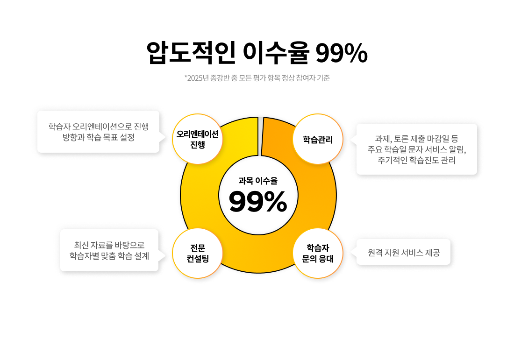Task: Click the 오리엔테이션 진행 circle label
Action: point(198,139)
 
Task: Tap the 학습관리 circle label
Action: point(318,139)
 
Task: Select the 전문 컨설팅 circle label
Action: point(198,253)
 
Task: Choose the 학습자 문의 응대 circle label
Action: point(318,253)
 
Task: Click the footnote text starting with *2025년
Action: point(257,78)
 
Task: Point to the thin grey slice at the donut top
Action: point(260,136)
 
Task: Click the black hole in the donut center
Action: point(258,195)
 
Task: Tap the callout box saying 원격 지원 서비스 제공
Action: point(403,253)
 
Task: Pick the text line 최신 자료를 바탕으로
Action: point(109,245)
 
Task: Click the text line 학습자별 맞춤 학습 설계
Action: point(109,255)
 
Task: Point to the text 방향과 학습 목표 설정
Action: point(99,138)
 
